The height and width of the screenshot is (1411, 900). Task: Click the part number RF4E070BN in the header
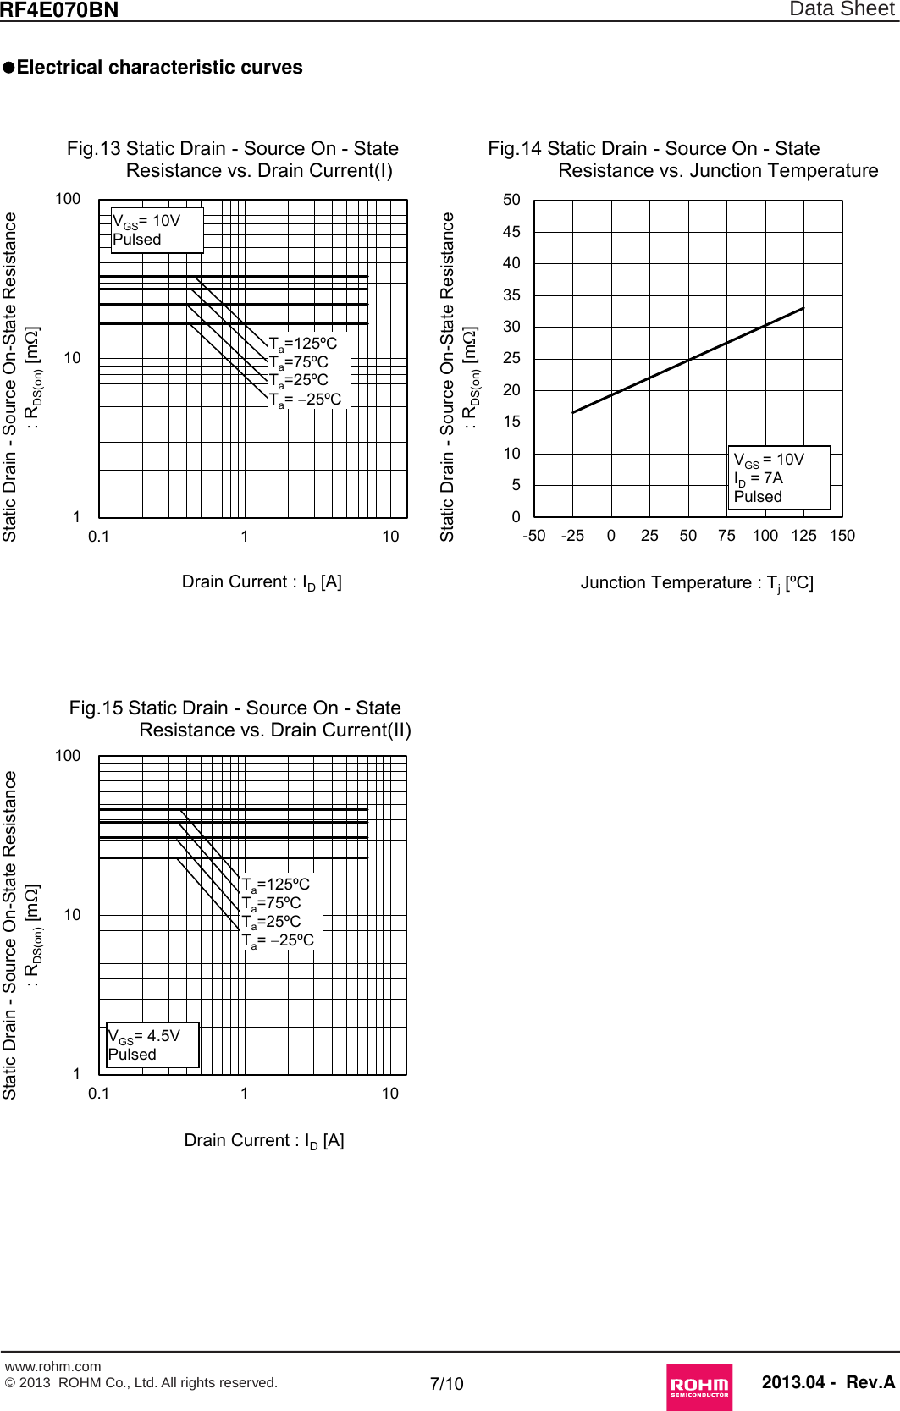click(x=59, y=10)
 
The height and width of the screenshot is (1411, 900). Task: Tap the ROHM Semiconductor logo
click(x=698, y=1386)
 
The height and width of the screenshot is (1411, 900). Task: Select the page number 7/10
click(x=446, y=1383)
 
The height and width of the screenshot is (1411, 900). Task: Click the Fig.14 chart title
click(x=682, y=159)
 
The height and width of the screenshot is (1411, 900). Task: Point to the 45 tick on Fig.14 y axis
click(x=511, y=231)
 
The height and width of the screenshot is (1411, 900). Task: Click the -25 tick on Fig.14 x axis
click(x=572, y=536)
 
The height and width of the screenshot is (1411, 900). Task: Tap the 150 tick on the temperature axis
click(x=842, y=536)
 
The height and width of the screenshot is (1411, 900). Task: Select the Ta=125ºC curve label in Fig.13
click(x=302, y=344)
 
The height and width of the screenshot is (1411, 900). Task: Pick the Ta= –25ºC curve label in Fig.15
click(x=278, y=940)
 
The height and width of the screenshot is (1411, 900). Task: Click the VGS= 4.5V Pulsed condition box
click(x=152, y=1044)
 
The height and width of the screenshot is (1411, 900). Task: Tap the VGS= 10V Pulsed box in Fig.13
click(x=157, y=229)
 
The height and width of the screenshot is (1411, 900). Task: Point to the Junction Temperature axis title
click(x=696, y=582)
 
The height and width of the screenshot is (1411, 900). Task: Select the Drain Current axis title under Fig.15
click(x=263, y=1141)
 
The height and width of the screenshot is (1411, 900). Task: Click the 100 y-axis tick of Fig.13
click(x=68, y=199)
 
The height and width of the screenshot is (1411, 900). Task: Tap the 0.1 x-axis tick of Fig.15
click(x=98, y=1093)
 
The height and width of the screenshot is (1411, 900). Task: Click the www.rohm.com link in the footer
click(x=52, y=1366)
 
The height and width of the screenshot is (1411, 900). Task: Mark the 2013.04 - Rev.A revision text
click(x=827, y=1382)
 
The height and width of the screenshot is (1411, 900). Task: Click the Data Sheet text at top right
click(x=842, y=9)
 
